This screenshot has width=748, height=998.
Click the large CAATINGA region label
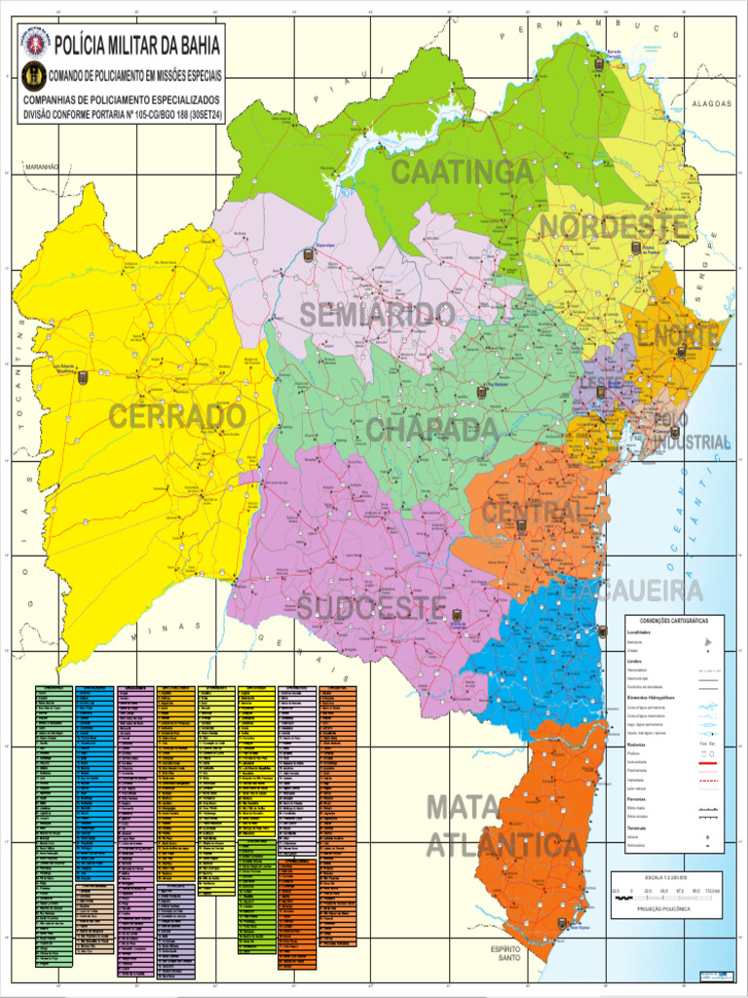point(462,173)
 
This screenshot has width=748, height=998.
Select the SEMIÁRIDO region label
point(377,315)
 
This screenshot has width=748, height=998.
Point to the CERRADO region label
point(176,416)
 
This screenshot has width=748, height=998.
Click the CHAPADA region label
point(431,430)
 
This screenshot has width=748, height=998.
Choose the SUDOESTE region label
point(372,607)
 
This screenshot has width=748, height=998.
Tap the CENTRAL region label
point(533,512)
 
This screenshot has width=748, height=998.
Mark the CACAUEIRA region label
point(631,592)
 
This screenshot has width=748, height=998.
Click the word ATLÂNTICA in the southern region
point(504,845)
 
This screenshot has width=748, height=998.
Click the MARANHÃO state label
point(43,168)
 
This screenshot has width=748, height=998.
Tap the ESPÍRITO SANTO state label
point(505,953)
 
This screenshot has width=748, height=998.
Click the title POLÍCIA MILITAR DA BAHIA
point(137,45)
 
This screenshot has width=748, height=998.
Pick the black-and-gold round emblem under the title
point(33,74)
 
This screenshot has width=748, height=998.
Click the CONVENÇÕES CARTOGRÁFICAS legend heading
point(667,621)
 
